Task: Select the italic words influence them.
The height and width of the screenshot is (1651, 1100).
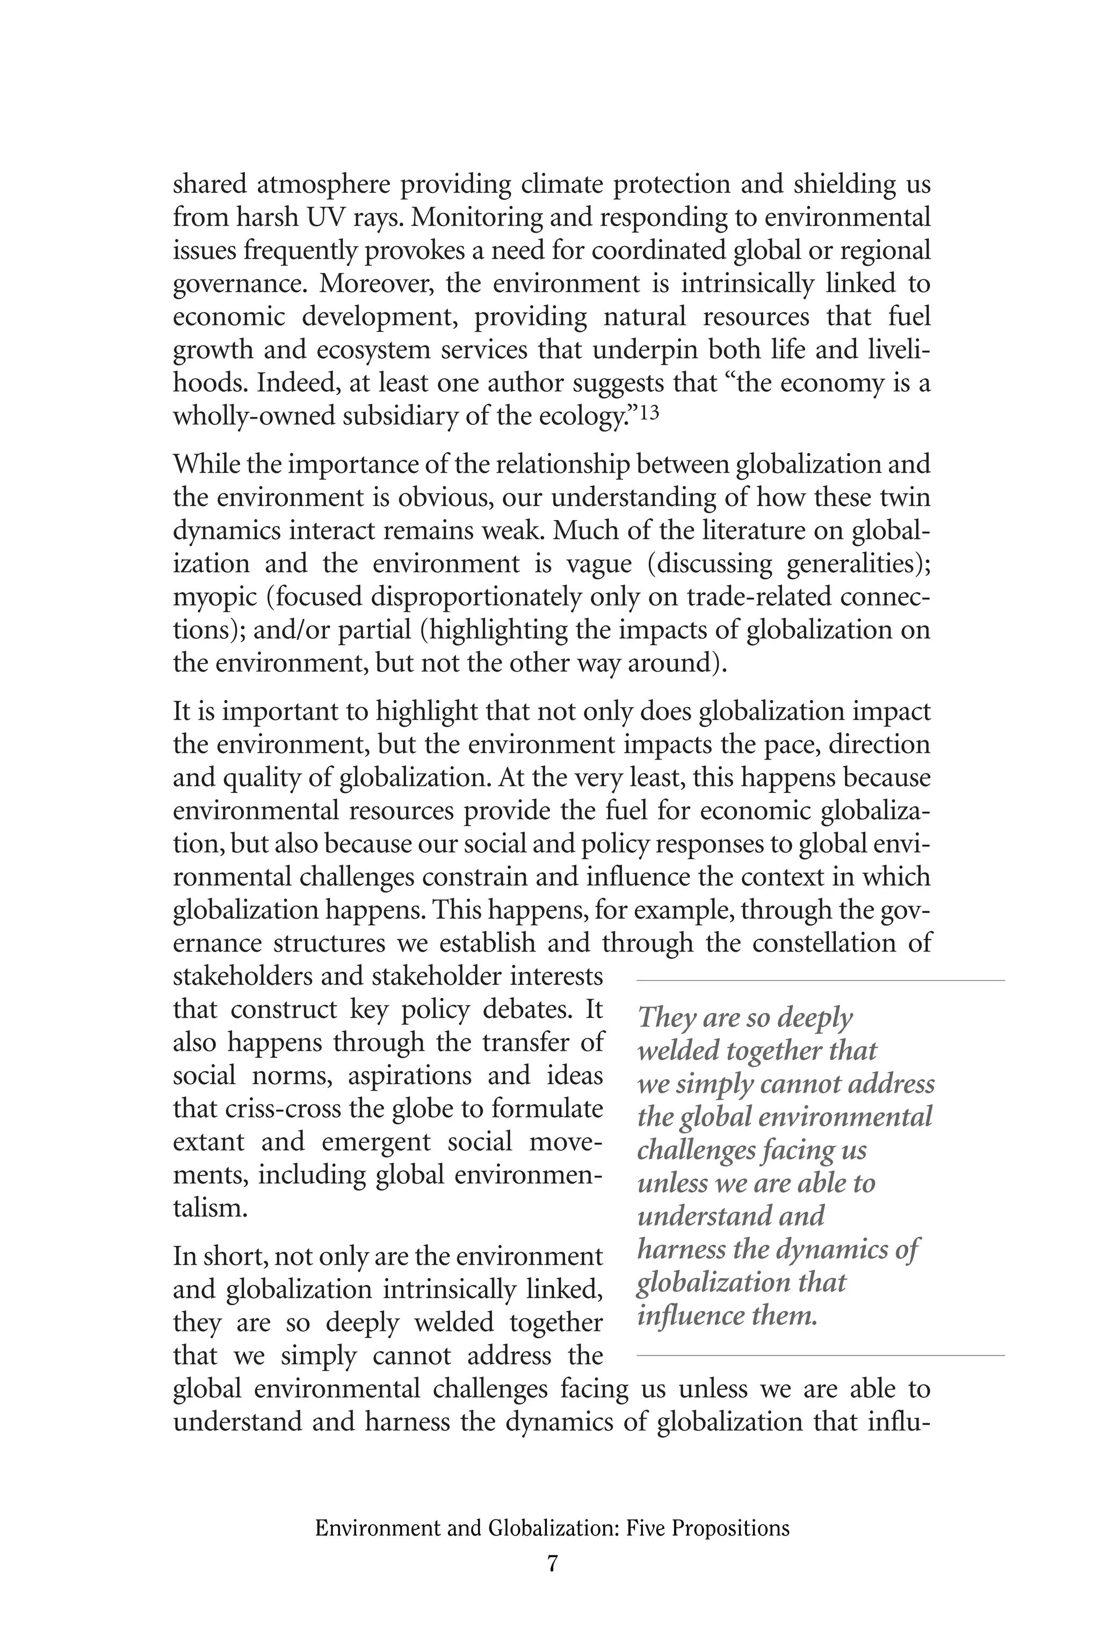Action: click(x=727, y=1315)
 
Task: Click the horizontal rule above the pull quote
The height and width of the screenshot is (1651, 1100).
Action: click(x=820, y=980)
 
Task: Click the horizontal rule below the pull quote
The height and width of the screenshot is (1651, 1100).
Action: click(x=820, y=1355)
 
